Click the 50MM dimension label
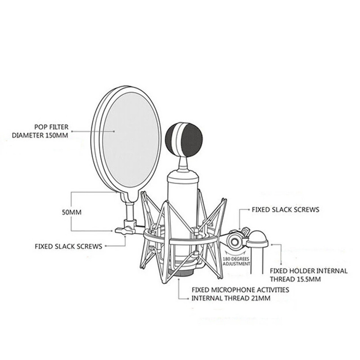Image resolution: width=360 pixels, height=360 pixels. tap(72, 212)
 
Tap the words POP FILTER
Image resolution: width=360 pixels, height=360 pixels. tap(51, 127)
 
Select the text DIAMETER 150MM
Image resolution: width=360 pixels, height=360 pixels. tap(40, 135)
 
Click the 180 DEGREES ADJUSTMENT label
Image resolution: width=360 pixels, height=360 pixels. tap(236, 261)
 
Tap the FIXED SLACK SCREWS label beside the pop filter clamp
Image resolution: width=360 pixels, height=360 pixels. tap(68, 246)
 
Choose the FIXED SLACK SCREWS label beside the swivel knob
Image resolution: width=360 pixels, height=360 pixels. tap(286, 210)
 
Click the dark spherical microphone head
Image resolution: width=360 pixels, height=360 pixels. tap(184, 139)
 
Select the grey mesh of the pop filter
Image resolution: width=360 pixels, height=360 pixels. tap(131, 140)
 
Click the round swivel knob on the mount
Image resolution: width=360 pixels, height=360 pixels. tap(234, 242)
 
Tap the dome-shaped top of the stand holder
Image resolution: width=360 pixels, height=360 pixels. tap(257, 238)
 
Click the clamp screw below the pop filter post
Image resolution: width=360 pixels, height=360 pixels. tap(125, 230)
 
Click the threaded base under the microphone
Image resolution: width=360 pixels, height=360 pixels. tap(181, 273)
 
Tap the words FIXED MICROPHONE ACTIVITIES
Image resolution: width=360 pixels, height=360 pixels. tap(240, 290)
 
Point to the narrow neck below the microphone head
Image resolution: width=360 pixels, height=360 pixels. tap(184, 164)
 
